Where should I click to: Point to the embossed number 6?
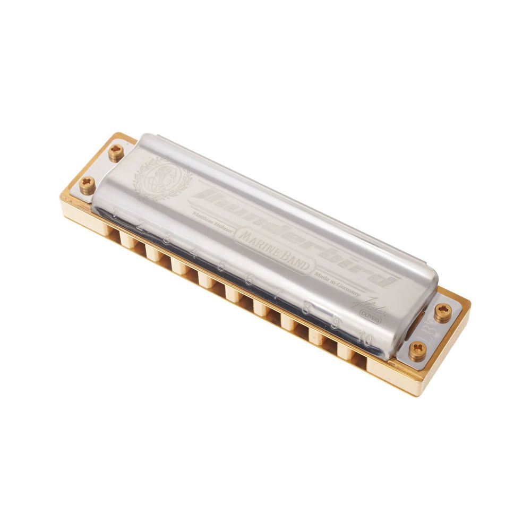click(249, 280)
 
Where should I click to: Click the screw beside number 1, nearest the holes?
click(88, 184)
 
